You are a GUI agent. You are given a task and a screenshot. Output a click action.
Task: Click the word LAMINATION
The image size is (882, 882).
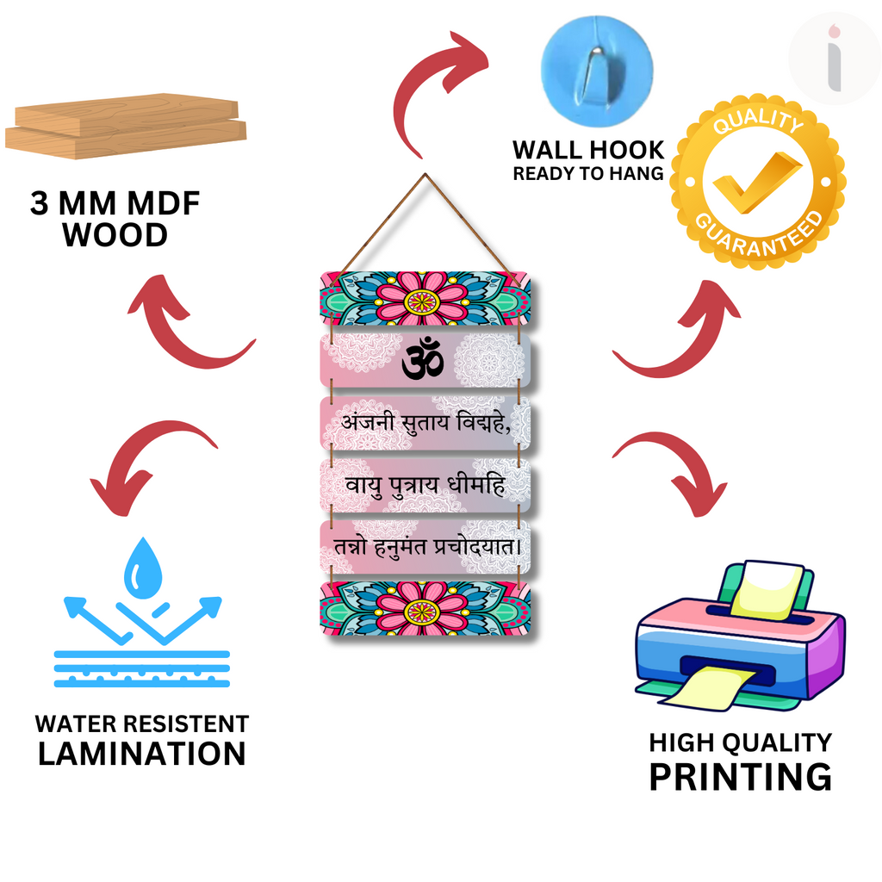point(142,754)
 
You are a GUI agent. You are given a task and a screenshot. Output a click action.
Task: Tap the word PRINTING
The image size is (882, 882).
point(740,778)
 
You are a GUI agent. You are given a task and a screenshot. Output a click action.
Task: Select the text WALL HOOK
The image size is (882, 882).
point(588,150)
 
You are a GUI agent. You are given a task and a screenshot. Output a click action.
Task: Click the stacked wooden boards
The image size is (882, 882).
point(126,126)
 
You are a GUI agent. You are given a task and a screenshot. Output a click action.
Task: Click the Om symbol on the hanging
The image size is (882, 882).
point(423,358)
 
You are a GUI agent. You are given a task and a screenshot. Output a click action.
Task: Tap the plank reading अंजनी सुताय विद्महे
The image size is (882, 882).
point(425,423)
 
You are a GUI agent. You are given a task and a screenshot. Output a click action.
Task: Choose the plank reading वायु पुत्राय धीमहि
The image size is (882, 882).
point(425,485)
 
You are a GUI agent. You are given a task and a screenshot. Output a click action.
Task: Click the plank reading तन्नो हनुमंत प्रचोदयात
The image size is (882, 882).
point(425,547)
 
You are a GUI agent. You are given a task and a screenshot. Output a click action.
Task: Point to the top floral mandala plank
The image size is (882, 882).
point(425,298)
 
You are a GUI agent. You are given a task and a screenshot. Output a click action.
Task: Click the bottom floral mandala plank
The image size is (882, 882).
point(425,609)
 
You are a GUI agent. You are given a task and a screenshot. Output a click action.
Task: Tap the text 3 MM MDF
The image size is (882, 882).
point(115,203)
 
